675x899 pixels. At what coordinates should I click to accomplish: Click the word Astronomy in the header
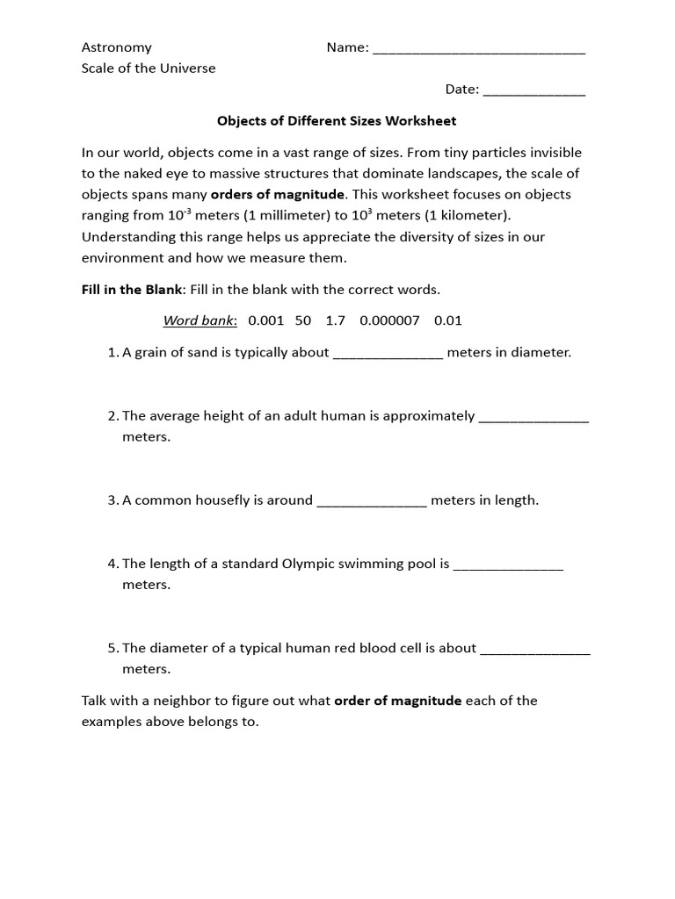pyautogui.click(x=116, y=47)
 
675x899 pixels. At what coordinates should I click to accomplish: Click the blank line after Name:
pyautogui.click(x=479, y=49)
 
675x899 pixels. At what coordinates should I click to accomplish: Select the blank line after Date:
pyautogui.click(x=533, y=91)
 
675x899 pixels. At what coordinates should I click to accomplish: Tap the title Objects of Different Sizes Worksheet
pyautogui.click(x=337, y=120)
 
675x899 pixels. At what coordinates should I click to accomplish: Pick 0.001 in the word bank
pyautogui.click(x=266, y=320)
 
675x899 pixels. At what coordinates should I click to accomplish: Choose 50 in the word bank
pyautogui.click(x=303, y=320)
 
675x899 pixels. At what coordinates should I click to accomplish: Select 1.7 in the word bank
pyautogui.click(x=335, y=320)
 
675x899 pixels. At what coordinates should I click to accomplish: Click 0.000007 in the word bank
pyautogui.click(x=389, y=320)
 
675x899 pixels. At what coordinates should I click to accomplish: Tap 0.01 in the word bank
pyautogui.click(x=448, y=320)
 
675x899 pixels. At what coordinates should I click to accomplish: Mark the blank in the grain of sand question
pyautogui.click(x=388, y=355)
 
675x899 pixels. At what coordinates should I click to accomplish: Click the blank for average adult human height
pyautogui.click(x=533, y=418)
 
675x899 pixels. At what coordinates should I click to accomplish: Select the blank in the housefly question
pyautogui.click(x=372, y=502)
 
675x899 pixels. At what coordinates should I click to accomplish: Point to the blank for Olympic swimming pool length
pyautogui.click(x=508, y=565)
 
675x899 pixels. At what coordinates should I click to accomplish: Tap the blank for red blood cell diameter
pyautogui.click(x=535, y=650)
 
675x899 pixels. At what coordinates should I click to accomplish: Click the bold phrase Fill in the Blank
pyautogui.click(x=132, y=289)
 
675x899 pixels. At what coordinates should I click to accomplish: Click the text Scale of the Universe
pyautogui.click(x=149, y=68)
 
